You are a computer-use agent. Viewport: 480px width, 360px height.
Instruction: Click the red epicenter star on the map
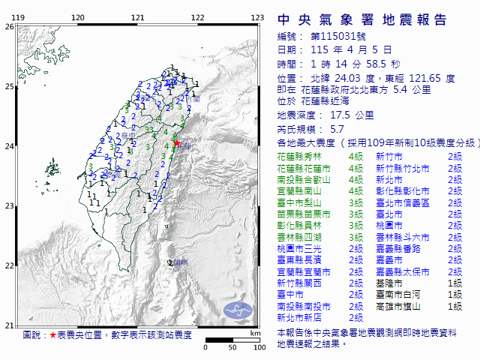pyautogui.click(x=176, y=143)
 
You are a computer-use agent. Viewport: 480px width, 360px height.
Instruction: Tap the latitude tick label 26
pyautogui.click(x=8, y=26)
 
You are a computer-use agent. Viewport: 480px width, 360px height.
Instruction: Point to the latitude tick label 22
pyautogui.click(x=8, y=265)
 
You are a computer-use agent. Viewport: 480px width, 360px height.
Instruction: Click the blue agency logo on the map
pyautogui.click(x=238, y=308)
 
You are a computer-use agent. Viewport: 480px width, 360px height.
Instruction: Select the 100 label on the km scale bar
pyautogui.click(x=259, y=347)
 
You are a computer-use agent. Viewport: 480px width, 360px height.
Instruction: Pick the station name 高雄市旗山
pyautogui.click(x=398, y=307)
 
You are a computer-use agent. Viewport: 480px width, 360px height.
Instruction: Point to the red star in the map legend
pyautogui.click(x=52, y=334)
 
